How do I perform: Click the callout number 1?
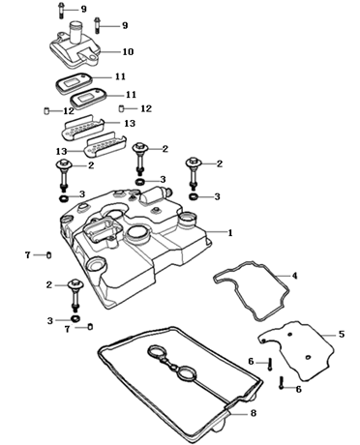click(x=230, y=233)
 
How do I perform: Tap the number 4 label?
click(x=294, y=276)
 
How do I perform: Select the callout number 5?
click(x=342, y=335)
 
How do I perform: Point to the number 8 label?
click(x=254, y=413)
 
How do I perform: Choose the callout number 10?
click(x=128, y=52)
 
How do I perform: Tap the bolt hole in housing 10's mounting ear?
click(x=94, y=58)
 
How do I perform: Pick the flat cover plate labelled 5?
click(x=296, y=350)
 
